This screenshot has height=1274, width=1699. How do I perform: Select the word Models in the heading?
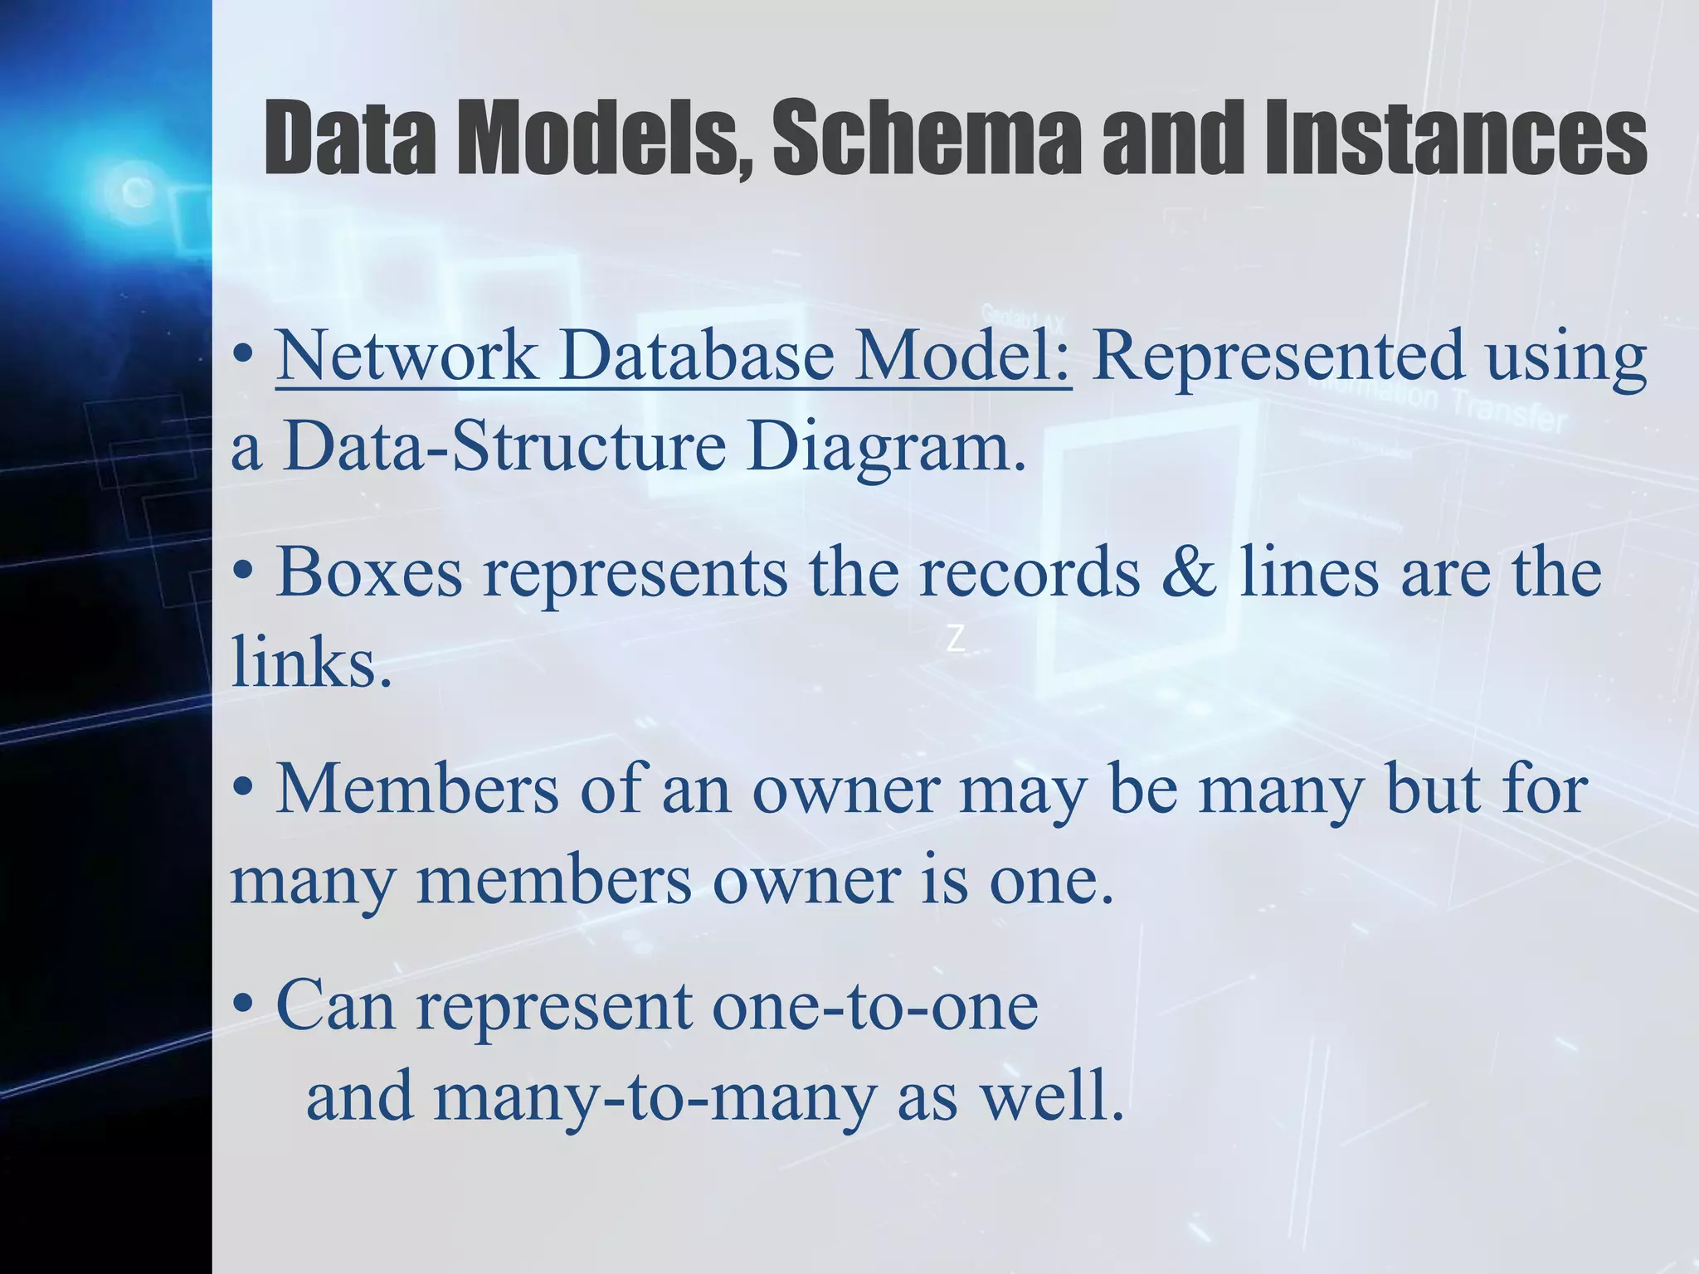click(x=606, y=137)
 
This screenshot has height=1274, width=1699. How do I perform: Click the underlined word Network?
click(x=406, y=356)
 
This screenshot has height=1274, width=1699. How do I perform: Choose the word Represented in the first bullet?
click(x=1278, y=356)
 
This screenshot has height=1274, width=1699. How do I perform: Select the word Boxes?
click(x=368, y=572)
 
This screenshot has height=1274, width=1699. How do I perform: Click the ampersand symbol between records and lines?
click(x=1189, y=572)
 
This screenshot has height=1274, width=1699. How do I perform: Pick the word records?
click(x=1030, y=572)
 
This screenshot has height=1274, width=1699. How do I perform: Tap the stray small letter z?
click(x=956, y=639)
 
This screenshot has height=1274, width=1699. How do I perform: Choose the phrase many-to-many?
click(x=655, y=1096)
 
